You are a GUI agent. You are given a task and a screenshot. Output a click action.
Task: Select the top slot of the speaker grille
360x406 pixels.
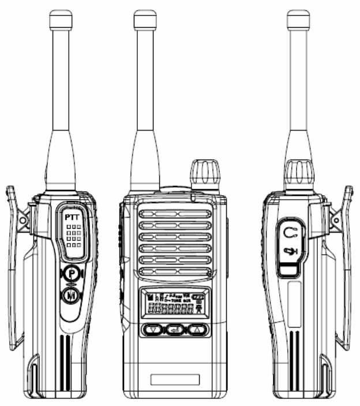(175, 215)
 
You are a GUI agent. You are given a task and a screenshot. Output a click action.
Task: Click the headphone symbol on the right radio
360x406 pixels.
(291, 233)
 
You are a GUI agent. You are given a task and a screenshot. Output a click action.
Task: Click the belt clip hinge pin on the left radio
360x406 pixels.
(22, 220)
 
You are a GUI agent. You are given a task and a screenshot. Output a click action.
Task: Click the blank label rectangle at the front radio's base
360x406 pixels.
(175, 379)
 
